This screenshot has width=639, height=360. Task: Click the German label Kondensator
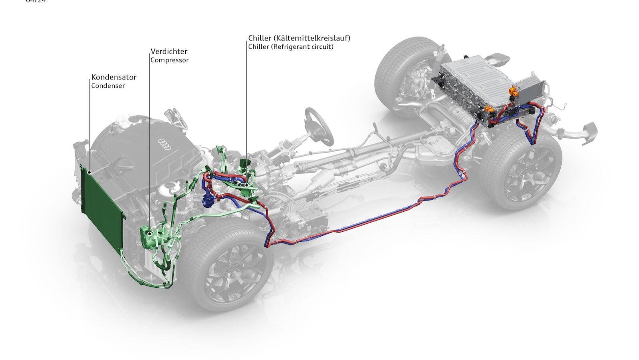pyautogui.click(x=114, y=77)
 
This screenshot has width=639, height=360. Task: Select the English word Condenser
pyautogui.click(x=108, y=86)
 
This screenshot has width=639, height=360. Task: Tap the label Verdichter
pyautogui.click(x=169, y=52)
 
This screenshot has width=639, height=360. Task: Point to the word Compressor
pyautogui.click(x=169, y=60)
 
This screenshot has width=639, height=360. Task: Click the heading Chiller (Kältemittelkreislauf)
pyautogui.click(x=299, y=38)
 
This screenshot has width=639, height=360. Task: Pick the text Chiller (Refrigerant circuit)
pyautogui.click(x=291, y=47)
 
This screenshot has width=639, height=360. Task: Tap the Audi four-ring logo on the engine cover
pyautogui.click(x=165, y=145)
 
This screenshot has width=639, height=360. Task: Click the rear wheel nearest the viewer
pyautogui.click(x=521, y=170)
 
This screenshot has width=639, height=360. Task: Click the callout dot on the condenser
pyautogui.click(x=89, y=173)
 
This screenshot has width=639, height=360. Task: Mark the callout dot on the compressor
pyautogui.click(x=150, y=233)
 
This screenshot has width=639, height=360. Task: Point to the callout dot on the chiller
pyautogui.click(x=247, y=185)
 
